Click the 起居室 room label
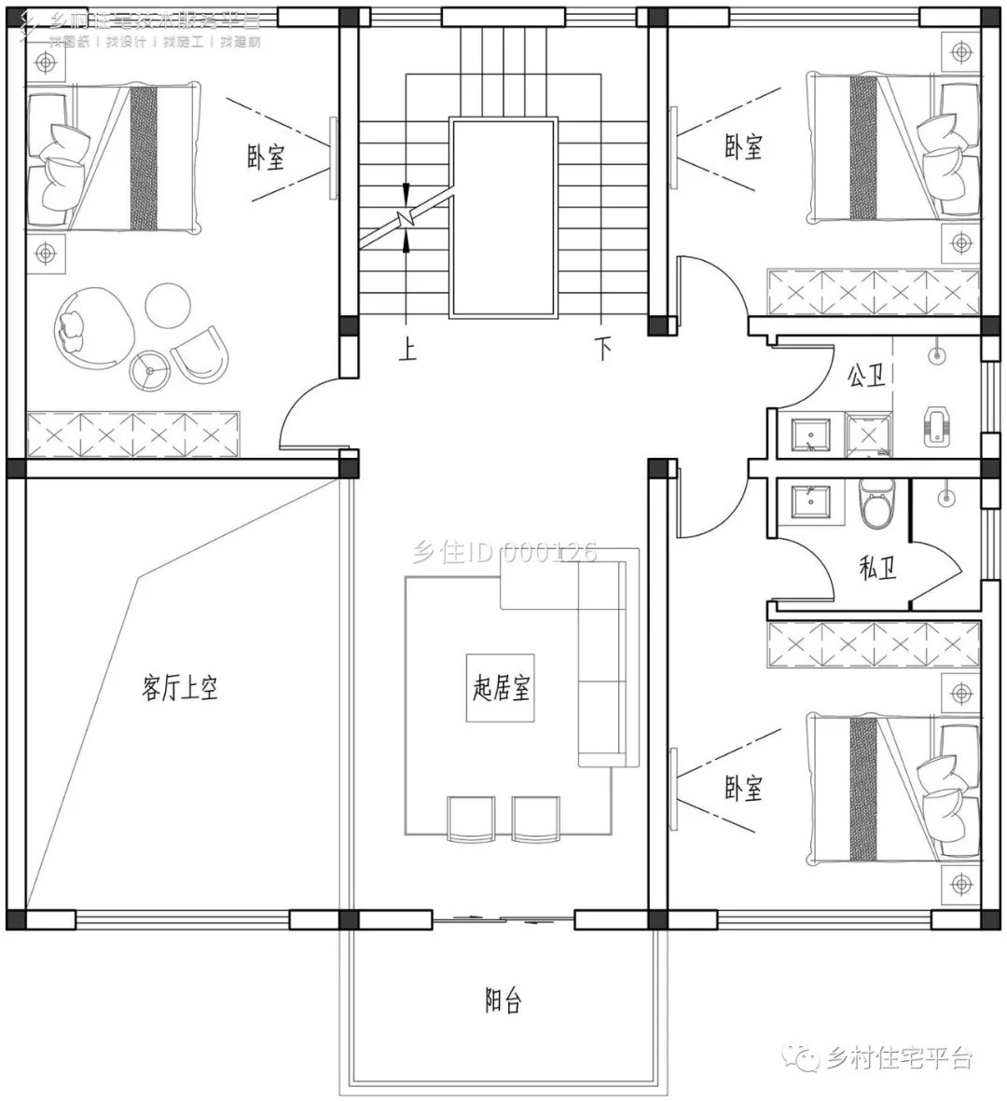coord(501,689)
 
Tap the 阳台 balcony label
coord(503,1001)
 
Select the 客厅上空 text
coord(180,689)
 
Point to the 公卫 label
coord(865,376)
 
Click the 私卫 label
coord(876,567)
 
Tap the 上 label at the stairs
coord(407,350)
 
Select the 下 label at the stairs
coord(604,350)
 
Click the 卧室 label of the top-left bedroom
coord(266,158)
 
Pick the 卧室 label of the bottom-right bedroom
coord(743,789)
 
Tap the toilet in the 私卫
coord(876,503)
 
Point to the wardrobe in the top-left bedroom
coord(134,434)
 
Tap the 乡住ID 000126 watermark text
coord(504,553)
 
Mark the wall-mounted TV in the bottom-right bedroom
coord(673,789)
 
